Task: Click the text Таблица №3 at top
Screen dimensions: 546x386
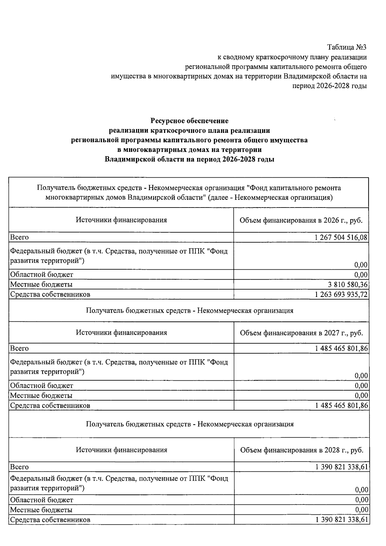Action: point(347,47)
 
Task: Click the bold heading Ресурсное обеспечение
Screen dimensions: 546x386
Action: point(189,121)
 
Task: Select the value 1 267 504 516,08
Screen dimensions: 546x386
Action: point(341,237)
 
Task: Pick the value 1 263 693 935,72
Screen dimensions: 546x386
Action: point(341,294)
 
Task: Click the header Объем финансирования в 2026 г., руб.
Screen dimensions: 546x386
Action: point(301,220)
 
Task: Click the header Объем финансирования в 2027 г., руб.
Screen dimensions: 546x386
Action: point(301,333)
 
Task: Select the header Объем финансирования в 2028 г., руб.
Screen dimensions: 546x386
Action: point(301,450)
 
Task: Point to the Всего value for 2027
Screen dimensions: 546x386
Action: point(342,348)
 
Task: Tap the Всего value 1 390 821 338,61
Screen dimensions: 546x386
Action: point(342,467)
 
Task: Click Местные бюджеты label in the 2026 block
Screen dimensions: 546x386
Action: point(41,284)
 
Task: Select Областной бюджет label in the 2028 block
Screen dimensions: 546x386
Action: point(41,500)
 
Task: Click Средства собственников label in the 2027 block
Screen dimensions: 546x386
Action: point(50,405)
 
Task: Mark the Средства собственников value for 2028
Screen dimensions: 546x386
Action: point(342,520)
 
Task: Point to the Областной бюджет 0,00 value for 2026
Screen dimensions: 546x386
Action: point(361,275)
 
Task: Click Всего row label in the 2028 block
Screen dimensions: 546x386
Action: point(19,467)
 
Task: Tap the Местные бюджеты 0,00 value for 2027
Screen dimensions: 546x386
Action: point(361,395)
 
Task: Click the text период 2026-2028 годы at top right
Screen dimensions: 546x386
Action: point(329,86)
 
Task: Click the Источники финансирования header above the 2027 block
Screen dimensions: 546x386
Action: point(121,333)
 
